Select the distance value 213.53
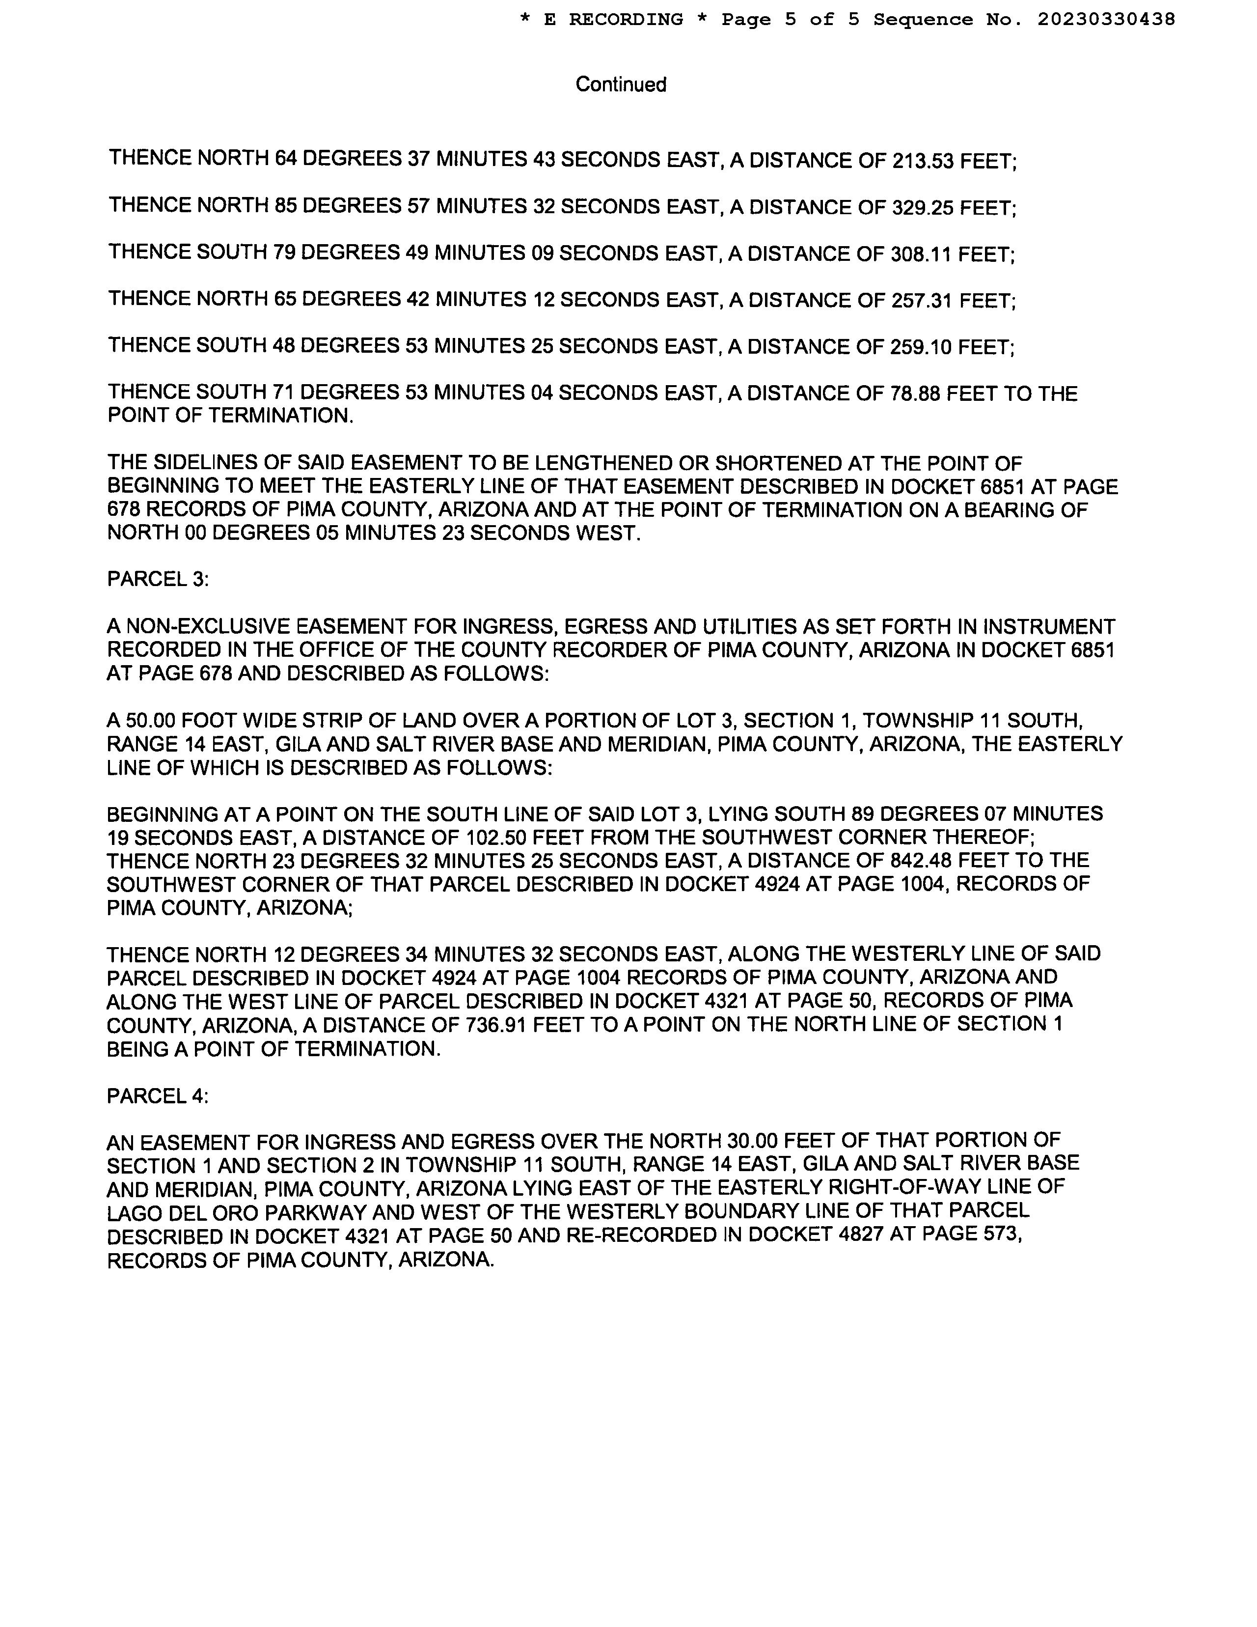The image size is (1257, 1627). click(923, 161)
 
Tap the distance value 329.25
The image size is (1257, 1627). click(923, 208)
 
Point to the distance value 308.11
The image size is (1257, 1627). click(921, 255)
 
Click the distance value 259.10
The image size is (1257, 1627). click(921, 347)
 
